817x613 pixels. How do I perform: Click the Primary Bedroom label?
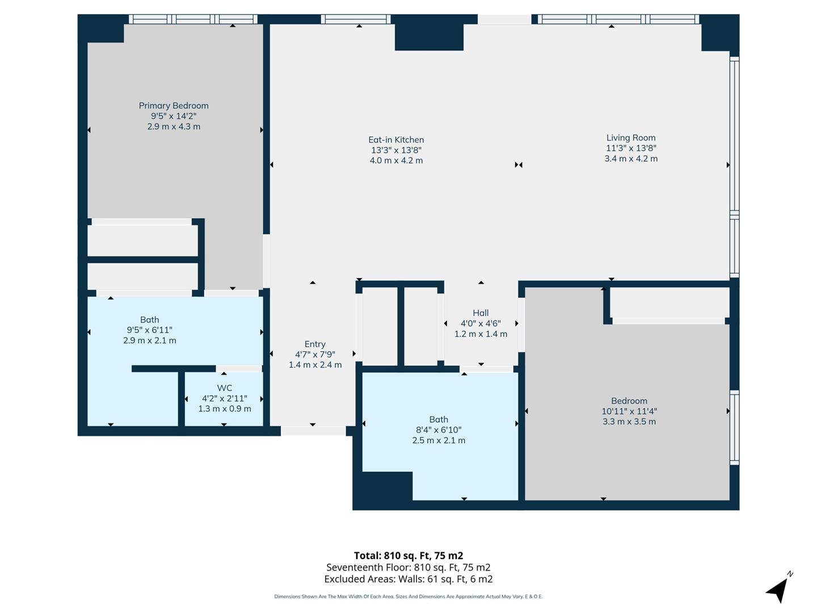click(174, 106)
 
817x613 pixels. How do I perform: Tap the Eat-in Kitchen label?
click(396, 140)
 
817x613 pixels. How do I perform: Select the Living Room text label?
click(631, 137)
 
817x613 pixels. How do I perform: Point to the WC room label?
click(225, 388)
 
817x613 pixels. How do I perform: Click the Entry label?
click(315, 344)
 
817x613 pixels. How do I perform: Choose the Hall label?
click(481, 313)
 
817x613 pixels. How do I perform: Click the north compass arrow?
click(778, 589)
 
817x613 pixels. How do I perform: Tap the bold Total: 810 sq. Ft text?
click(408, 555)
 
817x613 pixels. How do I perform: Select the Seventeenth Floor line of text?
click(408, 567)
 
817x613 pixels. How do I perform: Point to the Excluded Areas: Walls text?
click(408, 579)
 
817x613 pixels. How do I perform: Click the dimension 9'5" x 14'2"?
click(174, 116)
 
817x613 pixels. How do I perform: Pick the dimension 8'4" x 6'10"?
click(439, 430)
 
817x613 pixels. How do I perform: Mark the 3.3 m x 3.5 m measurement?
click(629, 422)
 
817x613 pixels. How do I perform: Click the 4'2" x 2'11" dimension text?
click(225, 398)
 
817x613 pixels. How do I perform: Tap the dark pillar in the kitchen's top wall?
click(429, 36)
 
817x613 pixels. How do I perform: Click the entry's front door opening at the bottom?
click(313, 431)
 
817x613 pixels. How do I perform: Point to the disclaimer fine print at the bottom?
click(408, 597)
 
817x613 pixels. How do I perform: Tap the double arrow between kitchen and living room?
click(518, 165)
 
